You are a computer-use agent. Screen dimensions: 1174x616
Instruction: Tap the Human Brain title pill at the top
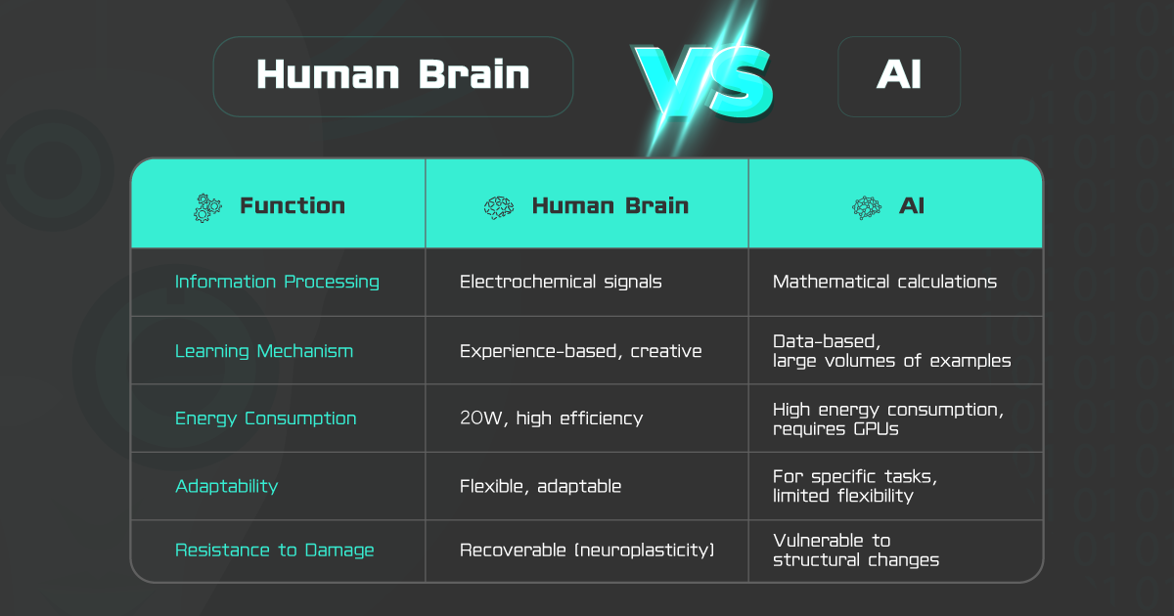[x=393, y=76]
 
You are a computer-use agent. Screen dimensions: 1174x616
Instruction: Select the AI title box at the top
[x=899, y=76]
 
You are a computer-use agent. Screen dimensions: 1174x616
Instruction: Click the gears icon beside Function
[x=207, y=208]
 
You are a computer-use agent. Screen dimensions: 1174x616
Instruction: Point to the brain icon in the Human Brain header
[x=499, y=208]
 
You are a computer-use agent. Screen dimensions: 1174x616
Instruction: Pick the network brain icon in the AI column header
[x=867, y=208]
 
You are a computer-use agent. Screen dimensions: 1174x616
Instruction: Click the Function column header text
[x=293, y=206]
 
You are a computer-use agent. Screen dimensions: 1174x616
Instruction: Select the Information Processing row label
[x=277, y=282]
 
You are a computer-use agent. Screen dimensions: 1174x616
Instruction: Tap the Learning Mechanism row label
[x=264, y=351]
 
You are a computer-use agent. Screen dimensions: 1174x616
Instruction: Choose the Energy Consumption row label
[x=266, y=418]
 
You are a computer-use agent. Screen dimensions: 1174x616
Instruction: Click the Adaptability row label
[x=226, y=487]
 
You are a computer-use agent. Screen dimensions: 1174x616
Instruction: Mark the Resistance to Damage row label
[x=275, y=550]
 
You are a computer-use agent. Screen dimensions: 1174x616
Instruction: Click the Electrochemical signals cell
[x=561, y=282]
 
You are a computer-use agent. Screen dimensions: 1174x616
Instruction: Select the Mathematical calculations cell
[x=884, y=282]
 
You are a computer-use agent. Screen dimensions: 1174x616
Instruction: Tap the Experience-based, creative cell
[x=581, y=351]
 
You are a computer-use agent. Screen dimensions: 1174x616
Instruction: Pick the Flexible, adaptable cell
[x=540, y=487]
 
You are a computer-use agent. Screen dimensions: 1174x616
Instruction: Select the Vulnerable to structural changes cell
[x=856, y=550]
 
